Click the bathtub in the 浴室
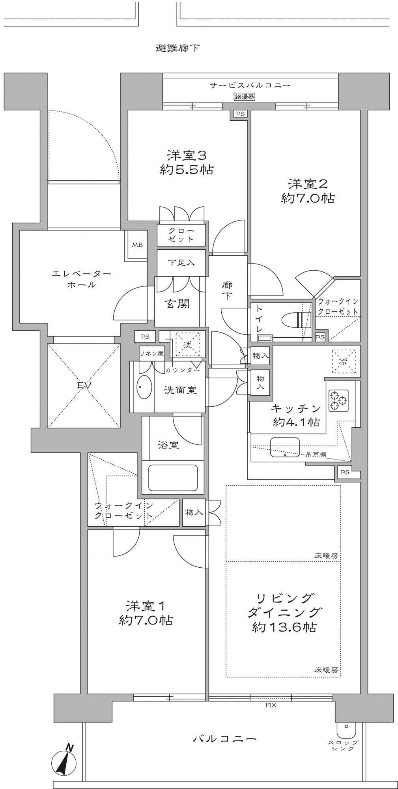pos(173,477)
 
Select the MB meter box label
pos(137,245)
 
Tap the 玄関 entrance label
pos(177,303)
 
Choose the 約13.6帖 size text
pos(284,627)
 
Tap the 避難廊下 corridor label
pos(178,49)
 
